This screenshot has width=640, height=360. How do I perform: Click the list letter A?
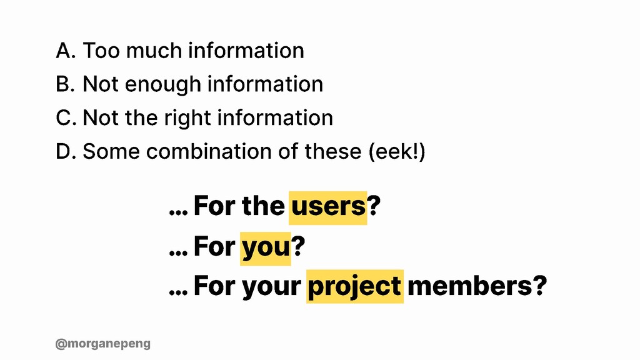coord(65,51)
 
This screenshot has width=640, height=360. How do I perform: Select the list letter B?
coord(65,84)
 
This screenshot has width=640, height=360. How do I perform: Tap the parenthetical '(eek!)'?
coord(397,151)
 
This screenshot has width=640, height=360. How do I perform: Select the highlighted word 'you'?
coord(266,249)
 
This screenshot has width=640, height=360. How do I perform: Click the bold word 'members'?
coord(469,286)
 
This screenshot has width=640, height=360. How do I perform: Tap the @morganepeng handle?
coord(103,344)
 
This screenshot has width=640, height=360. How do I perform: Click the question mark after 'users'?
coord(374,205)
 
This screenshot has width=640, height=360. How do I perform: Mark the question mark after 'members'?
coord(539,285)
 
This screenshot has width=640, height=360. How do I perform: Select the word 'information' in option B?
coord(265,84)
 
